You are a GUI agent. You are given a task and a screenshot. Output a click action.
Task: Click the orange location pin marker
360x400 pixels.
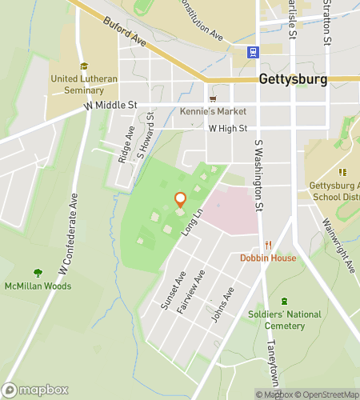coord(180,200)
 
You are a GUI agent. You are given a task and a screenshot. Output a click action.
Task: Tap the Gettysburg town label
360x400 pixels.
coord(293,80)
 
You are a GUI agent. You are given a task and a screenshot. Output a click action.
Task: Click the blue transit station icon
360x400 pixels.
coord(253,53)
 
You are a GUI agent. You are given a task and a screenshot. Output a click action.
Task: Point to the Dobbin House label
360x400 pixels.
coord(268,258)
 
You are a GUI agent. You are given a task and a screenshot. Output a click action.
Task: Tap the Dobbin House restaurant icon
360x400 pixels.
coord(269,245)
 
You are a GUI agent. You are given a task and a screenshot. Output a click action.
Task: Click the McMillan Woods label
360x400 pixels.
coord(34,286)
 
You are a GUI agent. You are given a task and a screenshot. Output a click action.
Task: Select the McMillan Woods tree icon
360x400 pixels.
coord(37,274)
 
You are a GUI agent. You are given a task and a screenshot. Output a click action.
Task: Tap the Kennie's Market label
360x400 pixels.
coord(213,111)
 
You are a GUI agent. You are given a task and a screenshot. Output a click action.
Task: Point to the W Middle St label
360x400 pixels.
coord(110,105)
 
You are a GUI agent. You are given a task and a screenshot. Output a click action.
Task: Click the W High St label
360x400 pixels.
coord(228,128)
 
